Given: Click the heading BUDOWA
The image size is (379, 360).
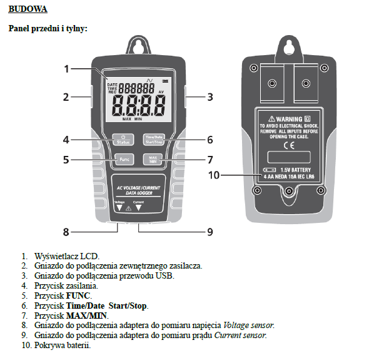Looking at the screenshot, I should coord(27,11).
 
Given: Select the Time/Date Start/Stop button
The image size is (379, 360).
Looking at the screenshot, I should coord(153,140).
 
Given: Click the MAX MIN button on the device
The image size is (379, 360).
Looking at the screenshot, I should coord(153,159).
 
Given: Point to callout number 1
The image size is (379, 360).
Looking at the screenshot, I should coord(66,69).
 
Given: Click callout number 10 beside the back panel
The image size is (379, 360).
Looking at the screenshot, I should coord(215,175).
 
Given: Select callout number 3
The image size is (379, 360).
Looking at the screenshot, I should coord(210,97).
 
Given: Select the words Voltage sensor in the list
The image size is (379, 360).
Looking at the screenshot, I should coord(248,326).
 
